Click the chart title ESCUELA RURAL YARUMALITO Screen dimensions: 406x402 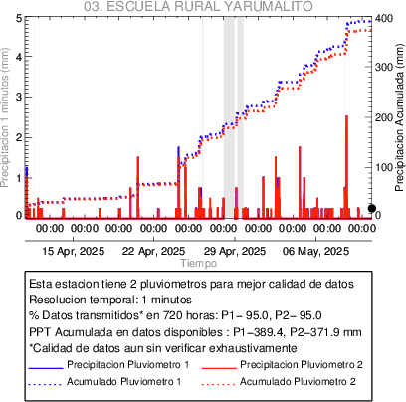point(209,6)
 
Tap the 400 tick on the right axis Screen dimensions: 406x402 point(384,18)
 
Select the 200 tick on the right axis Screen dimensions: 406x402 point(384,117)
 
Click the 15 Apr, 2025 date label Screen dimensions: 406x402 point(73,251)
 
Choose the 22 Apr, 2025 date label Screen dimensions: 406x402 point(153,251)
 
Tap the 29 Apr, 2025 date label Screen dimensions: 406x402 point(235,251)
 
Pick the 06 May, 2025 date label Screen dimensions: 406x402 point(315,251)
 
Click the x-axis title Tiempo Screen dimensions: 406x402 point(199,263)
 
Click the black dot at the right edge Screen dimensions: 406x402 point(372,208)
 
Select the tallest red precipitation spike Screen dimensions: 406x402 point(346,167)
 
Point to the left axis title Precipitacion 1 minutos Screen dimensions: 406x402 point(5,117)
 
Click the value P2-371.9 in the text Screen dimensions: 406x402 point(317,332)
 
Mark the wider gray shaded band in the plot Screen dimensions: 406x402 point(229,117)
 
